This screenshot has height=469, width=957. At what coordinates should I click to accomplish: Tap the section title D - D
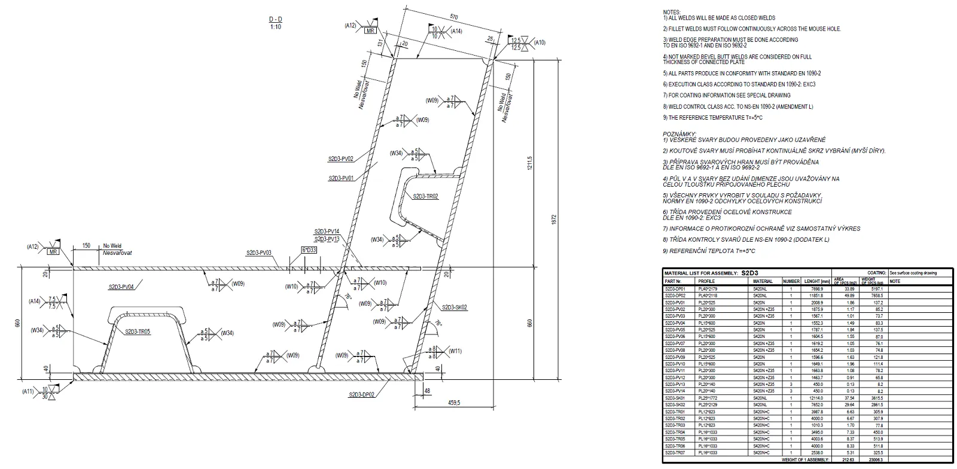(x=275, y=20)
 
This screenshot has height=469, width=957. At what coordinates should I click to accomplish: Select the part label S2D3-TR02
(x=425, y=196)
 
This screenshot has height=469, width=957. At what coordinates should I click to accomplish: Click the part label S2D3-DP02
(x=362, y=395)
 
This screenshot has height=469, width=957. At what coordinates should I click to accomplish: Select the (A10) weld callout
(x=540, y=42)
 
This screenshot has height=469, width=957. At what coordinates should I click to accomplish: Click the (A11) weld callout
(x=28, y=391)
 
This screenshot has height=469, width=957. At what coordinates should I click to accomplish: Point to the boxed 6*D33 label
(x=309, y=249)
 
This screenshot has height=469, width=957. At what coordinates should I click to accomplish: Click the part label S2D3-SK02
(x=455, y=307)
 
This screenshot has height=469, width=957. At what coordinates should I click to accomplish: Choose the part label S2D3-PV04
(x=121, y=287)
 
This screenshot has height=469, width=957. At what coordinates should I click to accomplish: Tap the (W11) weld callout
(x=455, y=351)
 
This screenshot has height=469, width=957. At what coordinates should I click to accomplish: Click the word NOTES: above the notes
(x=672, y=13)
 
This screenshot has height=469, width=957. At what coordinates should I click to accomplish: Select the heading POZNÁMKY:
(x=679, y=134)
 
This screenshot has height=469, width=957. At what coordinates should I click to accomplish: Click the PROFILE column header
(x=706, y=281)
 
